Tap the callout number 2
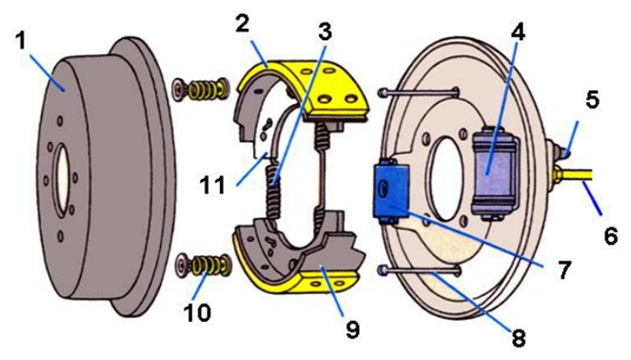pos(243,24)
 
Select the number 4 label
pos(519,31)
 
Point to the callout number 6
pos(610,235)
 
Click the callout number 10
pos(197,312)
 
